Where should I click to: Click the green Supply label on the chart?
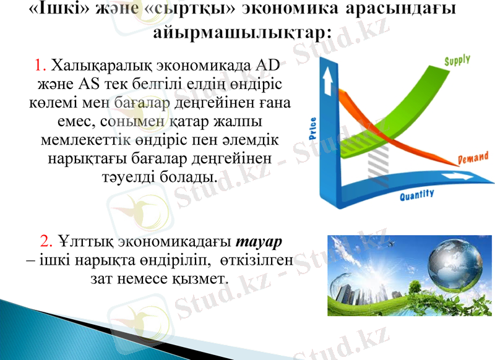pyautogui.click(x=457, y=61)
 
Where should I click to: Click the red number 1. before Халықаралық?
pyautogui.click(x=41, y=65)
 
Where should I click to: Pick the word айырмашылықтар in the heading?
pyautogui.click(x=241, y=32)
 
